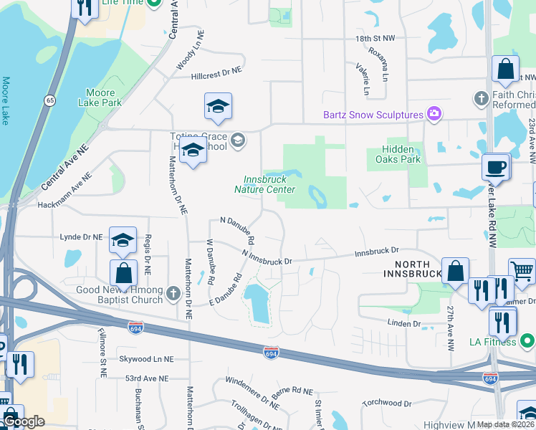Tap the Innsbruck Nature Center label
click(x=264, y=184)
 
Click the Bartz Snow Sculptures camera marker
click(x=433, y=115)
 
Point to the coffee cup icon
click(x=496, y=168)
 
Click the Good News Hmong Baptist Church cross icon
click(x=172, y=293)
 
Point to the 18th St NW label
click(x=375, y=38)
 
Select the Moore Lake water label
click(x=6, y=100)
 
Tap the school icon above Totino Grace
click(x=218, y=107)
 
